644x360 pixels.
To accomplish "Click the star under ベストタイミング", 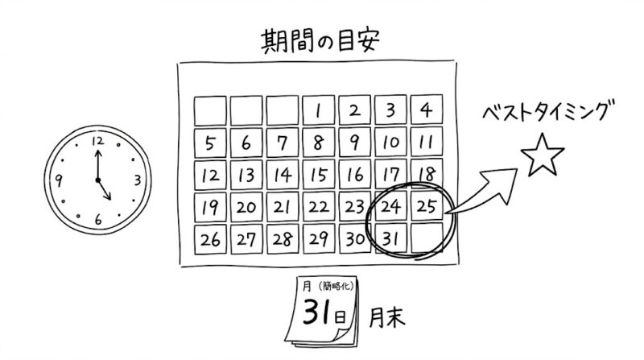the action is [543, 155].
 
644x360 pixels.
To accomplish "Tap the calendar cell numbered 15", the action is [318, 175].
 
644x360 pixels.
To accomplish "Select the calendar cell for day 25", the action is [427, 206].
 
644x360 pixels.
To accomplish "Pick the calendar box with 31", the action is [390, 238].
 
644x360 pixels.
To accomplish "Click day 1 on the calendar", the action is [318, 110].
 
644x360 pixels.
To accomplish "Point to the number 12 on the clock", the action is [97, 142].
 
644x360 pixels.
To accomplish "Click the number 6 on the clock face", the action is [98, 219].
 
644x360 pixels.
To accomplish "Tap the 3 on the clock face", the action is [138, 180].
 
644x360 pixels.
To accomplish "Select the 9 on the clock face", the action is [59, 180].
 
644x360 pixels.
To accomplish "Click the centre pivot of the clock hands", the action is [97, 180].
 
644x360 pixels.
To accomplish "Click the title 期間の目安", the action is [320, 41].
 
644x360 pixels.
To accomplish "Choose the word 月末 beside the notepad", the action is [386, 317].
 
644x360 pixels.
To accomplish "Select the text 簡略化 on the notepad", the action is [336, 285].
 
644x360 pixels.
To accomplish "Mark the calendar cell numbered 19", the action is [210, 207].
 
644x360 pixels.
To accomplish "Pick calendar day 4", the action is [427, 110].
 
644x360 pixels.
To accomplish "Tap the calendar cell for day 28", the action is [283, 239].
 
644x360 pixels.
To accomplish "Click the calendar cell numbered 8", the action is [318, 143].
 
